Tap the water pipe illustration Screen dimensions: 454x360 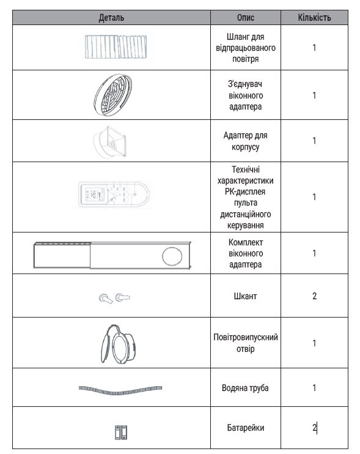coord(120,389)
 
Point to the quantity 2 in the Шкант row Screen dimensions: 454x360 coord(314,296)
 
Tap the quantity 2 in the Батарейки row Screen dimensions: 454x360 coord(314,428)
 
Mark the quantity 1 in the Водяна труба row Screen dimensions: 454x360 coord(314,388)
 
